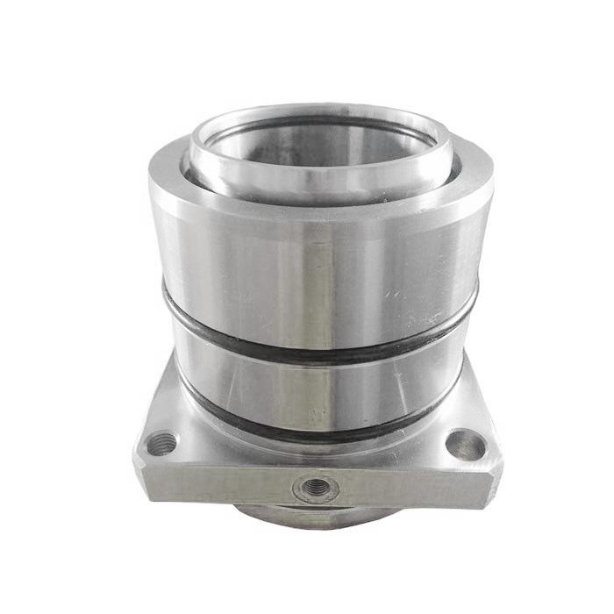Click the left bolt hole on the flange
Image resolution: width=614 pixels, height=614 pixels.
161,444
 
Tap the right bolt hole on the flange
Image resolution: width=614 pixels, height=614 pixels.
464,445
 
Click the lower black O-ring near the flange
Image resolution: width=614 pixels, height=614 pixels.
316,432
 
